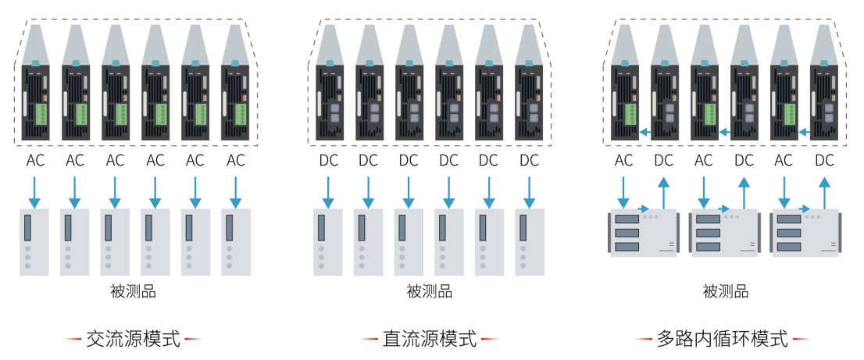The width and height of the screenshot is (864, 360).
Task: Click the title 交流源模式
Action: tap(133, 339)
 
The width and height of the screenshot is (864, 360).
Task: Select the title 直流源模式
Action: tap(429, 339)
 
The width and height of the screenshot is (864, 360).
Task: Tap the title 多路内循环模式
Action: tap(723, 339)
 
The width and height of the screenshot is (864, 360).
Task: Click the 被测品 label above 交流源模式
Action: tap(133, 292)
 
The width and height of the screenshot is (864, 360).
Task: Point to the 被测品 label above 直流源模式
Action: tap(429, 292)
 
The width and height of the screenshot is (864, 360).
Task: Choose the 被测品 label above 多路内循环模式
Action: tap(726, 292)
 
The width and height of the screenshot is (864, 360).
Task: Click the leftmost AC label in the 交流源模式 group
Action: tap(34, 162)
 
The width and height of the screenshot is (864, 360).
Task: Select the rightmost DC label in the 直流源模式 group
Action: tap(529, 162)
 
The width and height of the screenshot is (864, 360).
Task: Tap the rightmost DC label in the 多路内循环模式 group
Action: tap(824, 162)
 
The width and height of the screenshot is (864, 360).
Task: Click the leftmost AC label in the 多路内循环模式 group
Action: tap(624, 162)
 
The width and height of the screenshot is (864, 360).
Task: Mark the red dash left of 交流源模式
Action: tap(73, 340)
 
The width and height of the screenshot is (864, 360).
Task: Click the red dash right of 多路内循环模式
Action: tap(802, 340)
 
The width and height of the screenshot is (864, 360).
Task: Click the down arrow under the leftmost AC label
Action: tap(34, 192)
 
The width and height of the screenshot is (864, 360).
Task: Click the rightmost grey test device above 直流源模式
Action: tap(529, 241)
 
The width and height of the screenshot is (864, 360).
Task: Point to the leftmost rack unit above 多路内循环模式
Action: tap(642, 233)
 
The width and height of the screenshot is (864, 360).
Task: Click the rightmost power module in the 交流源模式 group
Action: tap(235, 102)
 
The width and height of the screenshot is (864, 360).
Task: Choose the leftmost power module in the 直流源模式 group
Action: tap(329, 102)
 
